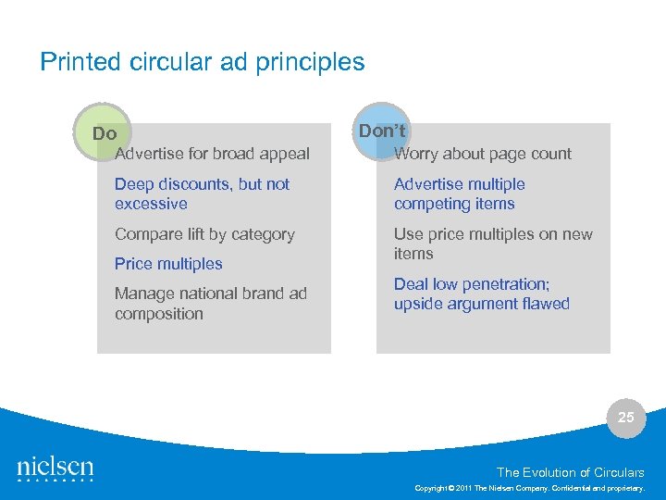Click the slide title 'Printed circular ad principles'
[203, 62]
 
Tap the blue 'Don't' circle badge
[383, 131]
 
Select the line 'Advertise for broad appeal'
[212, 154]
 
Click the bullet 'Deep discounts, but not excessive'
[202, 194]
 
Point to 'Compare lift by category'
[204, 234]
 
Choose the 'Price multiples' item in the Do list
[168, 264]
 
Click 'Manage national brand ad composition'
[210, 304]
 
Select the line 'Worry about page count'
[483, 154]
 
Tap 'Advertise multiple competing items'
[459, 194]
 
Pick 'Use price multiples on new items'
[493, 244]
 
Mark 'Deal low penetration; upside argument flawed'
[481, 294]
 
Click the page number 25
[626, 418]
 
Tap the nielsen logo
[55, 469]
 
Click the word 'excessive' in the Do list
[151, 204]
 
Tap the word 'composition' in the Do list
[158, 314]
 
